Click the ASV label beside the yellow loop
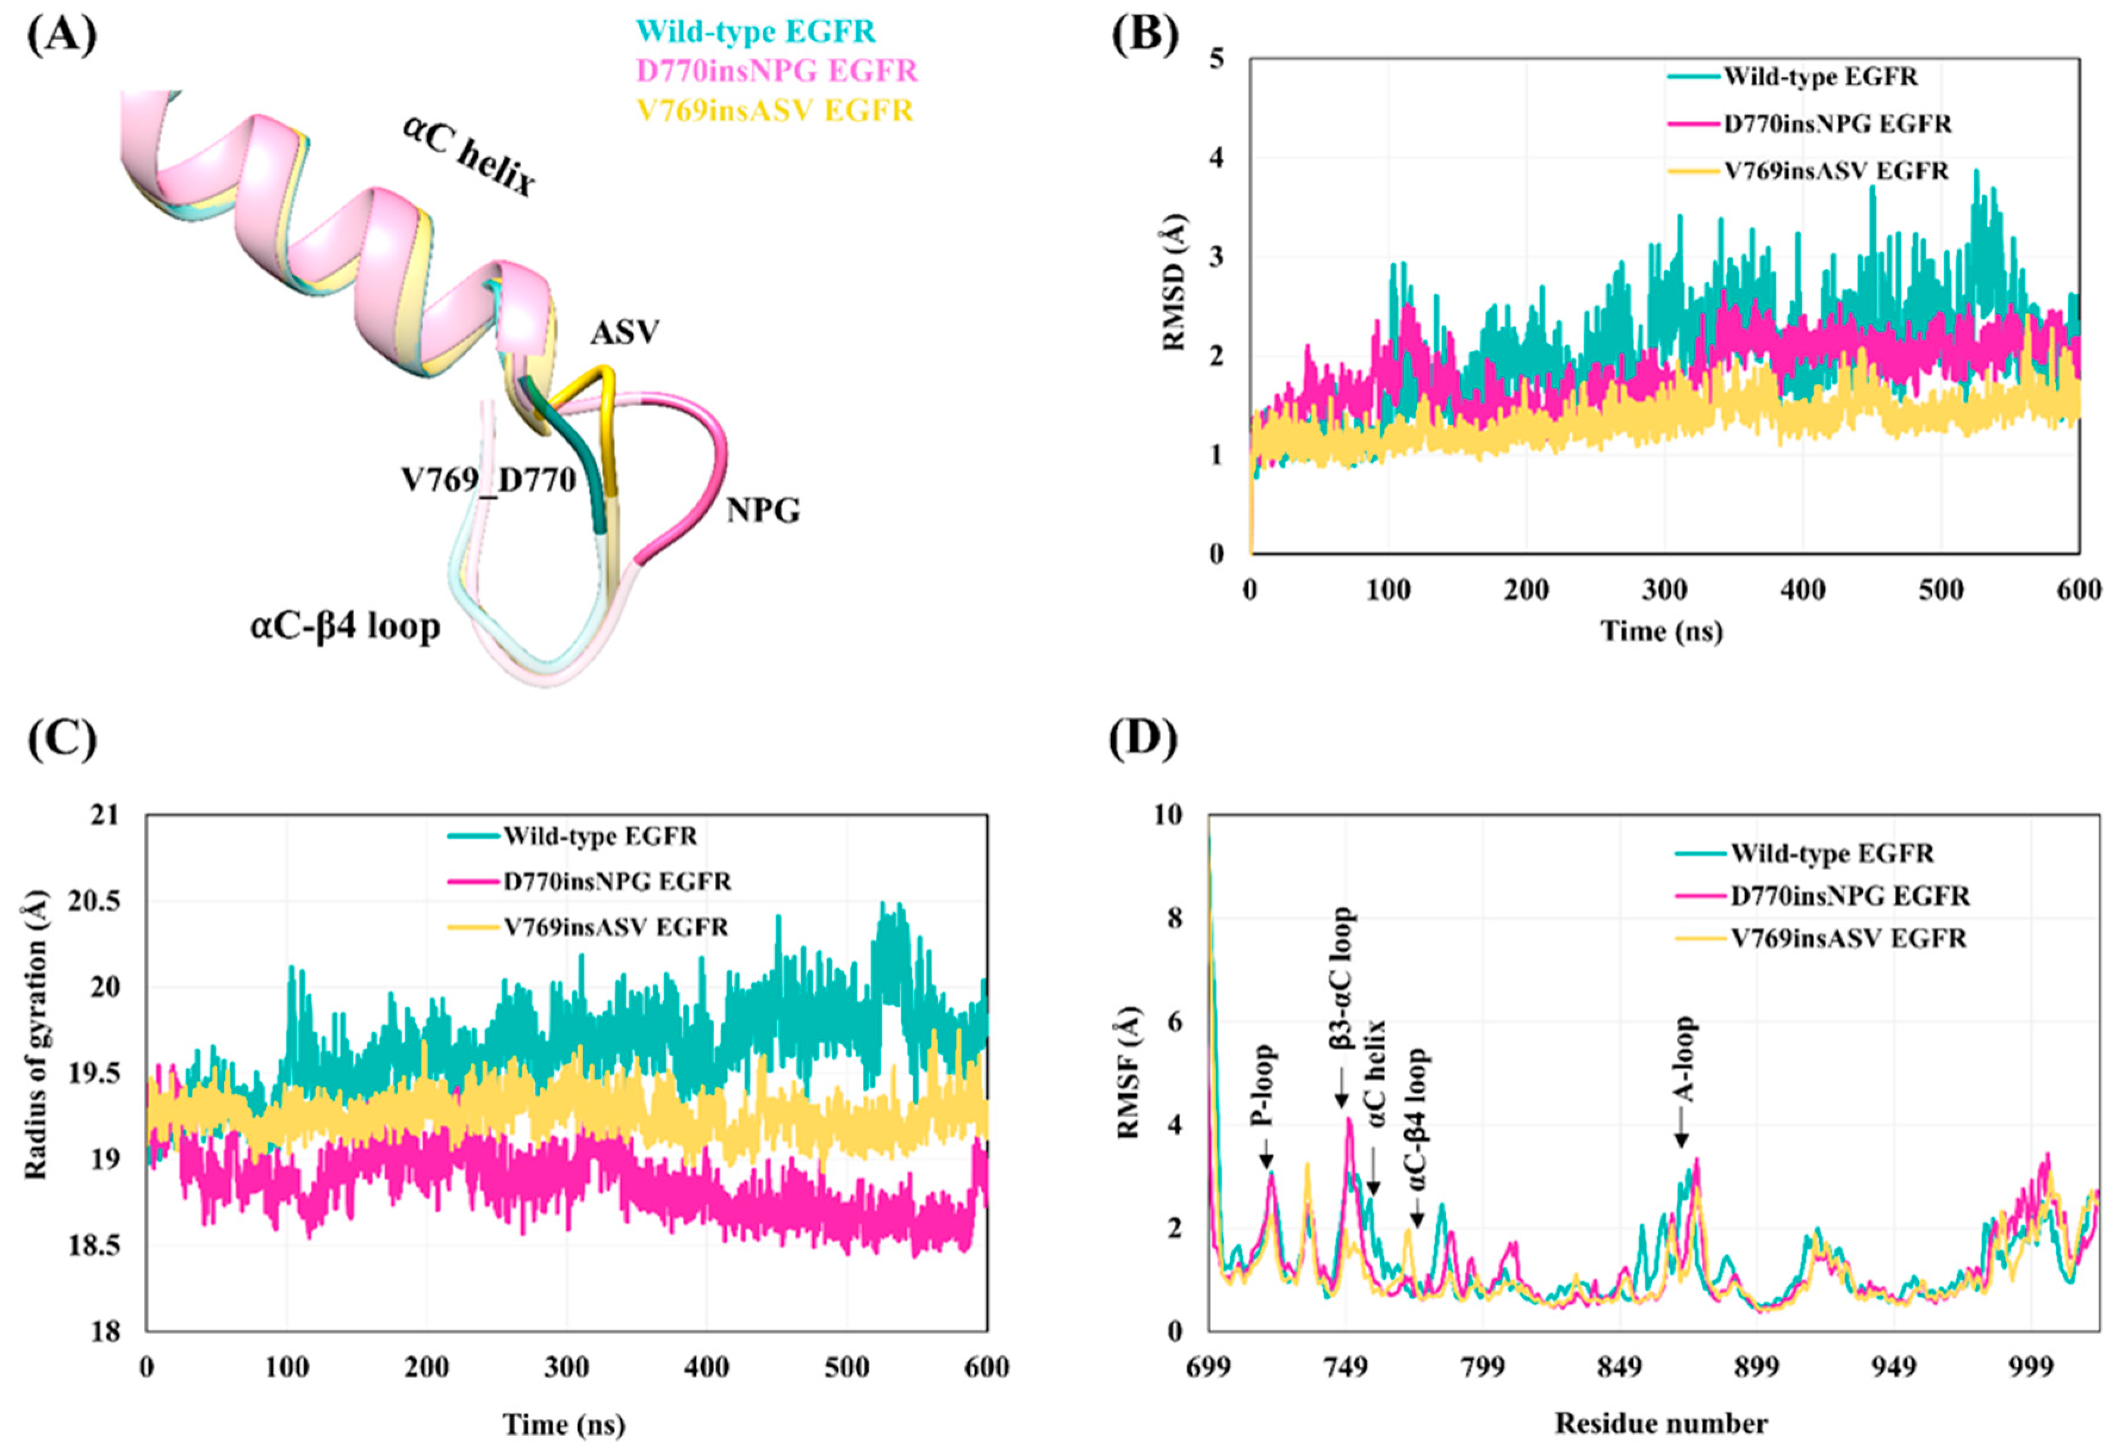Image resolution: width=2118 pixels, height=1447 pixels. pyautogui.click(x=625, y=333)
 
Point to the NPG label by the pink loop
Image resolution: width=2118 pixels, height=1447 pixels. pyautogui.click(x=763, y=511)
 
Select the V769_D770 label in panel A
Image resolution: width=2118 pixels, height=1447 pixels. pyautogui.click(x=489, y=479)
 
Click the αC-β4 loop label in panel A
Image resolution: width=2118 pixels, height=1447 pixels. pyautogui.click(x=346, y=628)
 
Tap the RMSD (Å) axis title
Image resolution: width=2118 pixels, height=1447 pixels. pyautogui.click(x=1176, y=289)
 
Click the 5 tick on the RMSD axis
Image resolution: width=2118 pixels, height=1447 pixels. pyautogui.click(x=1216, y=59)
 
